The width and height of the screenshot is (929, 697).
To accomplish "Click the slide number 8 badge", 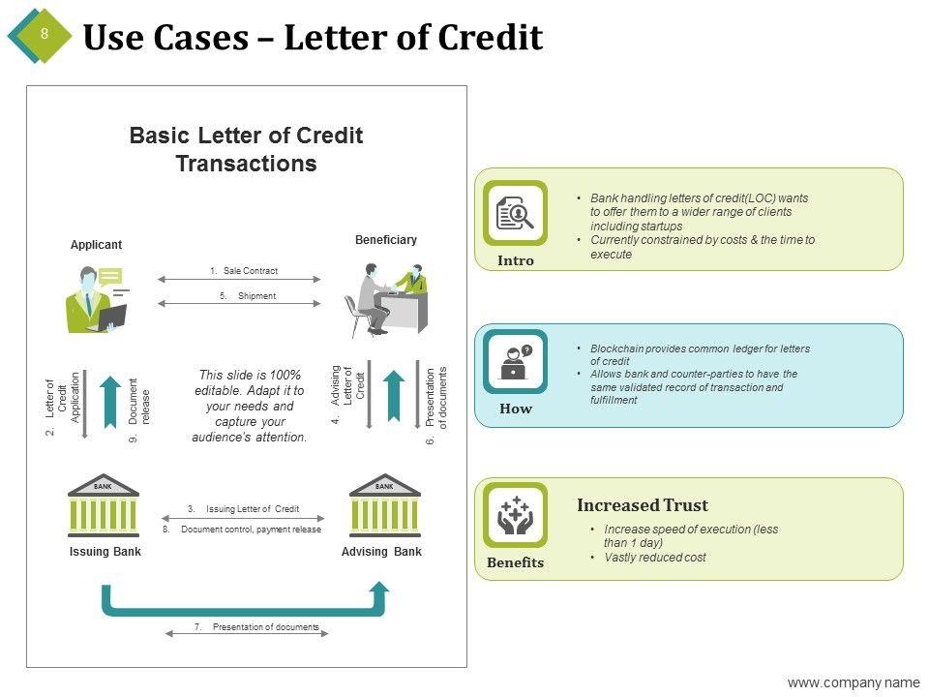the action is click(x=43, y=35).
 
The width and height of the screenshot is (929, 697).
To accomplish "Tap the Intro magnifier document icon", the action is click(x=515, y=213).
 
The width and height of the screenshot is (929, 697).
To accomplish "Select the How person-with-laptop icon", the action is click(x=515, y=362).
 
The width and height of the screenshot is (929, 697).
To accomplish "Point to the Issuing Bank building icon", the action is click(x=104, y=506).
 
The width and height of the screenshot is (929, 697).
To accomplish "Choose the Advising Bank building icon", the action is click(x=384, y=506).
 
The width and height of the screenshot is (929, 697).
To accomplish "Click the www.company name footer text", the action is click(x=853, y=682).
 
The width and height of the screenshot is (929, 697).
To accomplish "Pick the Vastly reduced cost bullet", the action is click(x=654, y=558).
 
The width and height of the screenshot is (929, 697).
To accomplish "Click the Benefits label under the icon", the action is click(x=516, y=562).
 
